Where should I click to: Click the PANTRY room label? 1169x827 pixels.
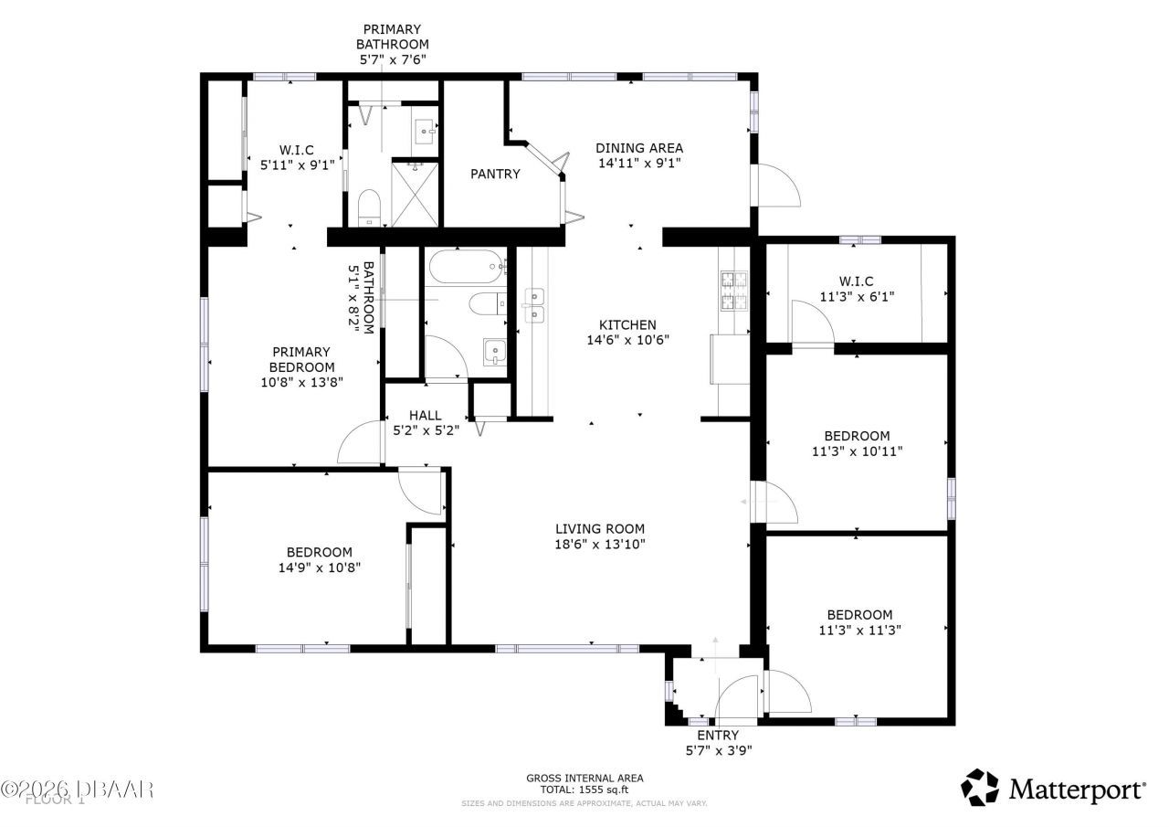click(495, 174)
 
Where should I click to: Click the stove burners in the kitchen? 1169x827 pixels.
click(734, 290)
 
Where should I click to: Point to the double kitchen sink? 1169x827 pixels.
click(534, 306)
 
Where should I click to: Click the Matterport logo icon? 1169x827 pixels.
click(981, 788)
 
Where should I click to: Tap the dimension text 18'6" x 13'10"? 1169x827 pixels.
click(600, 544)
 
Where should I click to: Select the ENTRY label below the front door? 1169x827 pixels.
click(717, 735)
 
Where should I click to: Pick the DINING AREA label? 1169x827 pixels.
click(638, 148)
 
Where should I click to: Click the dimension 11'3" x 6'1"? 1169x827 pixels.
click(857, 296)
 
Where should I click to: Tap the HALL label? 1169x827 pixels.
click(425, 415)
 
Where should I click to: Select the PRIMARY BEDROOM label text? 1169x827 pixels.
click(301, 359)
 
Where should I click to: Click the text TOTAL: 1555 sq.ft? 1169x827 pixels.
click(584, 790)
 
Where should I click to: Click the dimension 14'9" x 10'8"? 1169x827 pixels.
click(319, 567)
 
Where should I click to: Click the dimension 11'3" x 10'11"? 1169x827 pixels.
click(857, 451)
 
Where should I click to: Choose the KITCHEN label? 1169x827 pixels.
click(627, 324)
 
